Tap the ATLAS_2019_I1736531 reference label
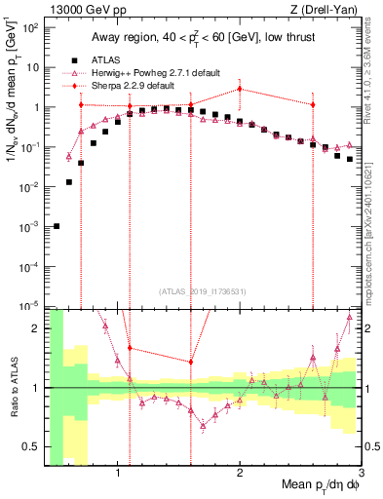[203, 291]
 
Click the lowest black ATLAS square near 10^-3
[57, 226]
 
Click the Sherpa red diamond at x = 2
[240, 89]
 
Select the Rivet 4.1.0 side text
[374, 78]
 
